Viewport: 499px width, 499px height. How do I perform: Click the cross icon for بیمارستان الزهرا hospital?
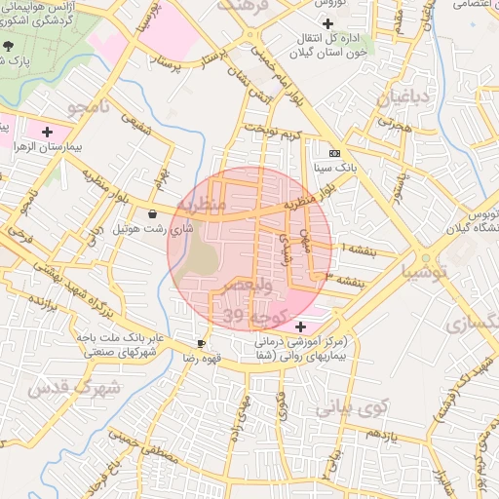(x=47, y=131)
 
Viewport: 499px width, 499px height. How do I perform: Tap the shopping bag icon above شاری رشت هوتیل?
(x=151, y=214)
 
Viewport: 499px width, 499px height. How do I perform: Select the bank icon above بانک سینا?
(x=334, y=153)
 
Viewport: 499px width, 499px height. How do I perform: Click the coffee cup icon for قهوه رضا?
(x=201, y=343)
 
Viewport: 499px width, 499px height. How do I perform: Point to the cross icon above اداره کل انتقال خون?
(x=327, y=23)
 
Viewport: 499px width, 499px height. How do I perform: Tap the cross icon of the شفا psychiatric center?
(x=300, y=326)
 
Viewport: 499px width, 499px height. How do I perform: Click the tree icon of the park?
(x=9, y=45)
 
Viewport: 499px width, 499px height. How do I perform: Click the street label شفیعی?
(x=134, y=128)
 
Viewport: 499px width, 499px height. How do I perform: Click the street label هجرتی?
(x=399, y=125)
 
